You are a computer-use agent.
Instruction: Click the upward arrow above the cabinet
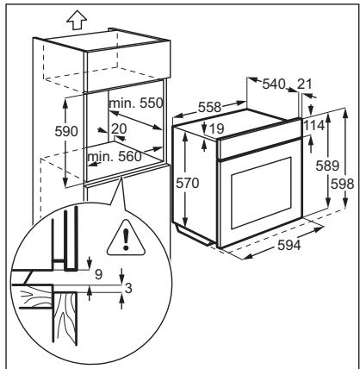click(x=77, y=20)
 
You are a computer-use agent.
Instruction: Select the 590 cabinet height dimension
click(x=66, y=132)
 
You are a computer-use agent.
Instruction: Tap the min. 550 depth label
click(x=136, y=103)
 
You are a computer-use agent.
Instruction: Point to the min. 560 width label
click(x=115, y=157)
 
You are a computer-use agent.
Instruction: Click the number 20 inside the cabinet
click(x=119, y=128)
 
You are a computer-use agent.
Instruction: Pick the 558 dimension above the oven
click(x=209, y=107)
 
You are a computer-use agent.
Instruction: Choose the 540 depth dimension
click(x=274, y=84)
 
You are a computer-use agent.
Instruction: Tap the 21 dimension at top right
click(x=304, y=84)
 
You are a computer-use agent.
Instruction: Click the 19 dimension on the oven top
click(x=216, y=128)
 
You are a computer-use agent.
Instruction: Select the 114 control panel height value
click(x=313, y=126)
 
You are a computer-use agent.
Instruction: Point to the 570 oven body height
click(x=187, y=183)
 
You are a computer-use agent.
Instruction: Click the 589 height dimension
click(x=327, y=166)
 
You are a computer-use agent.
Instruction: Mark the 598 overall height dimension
click(x=342, y=184)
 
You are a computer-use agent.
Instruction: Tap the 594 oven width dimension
click(x=289, y=245)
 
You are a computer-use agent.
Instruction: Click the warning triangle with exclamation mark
click(x=126, y=238)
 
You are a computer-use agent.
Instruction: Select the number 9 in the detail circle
click(x=98, y=274)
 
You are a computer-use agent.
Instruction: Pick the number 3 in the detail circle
click(x=128, y=288)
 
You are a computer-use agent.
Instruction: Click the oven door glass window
click(x=261, y=193)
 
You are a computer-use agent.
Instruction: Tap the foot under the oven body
click(x=195, y=235)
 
